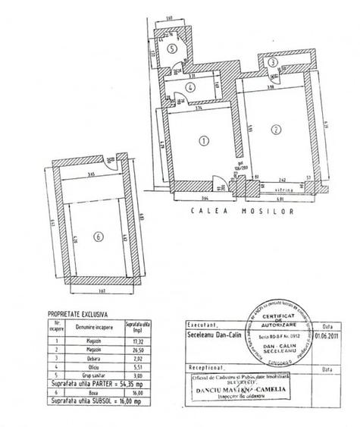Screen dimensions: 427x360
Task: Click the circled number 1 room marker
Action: (x=202, y=140)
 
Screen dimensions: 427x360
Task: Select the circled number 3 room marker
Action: (x=271, y=62)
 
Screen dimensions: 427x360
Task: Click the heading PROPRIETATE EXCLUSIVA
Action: (x=78, y=312)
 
